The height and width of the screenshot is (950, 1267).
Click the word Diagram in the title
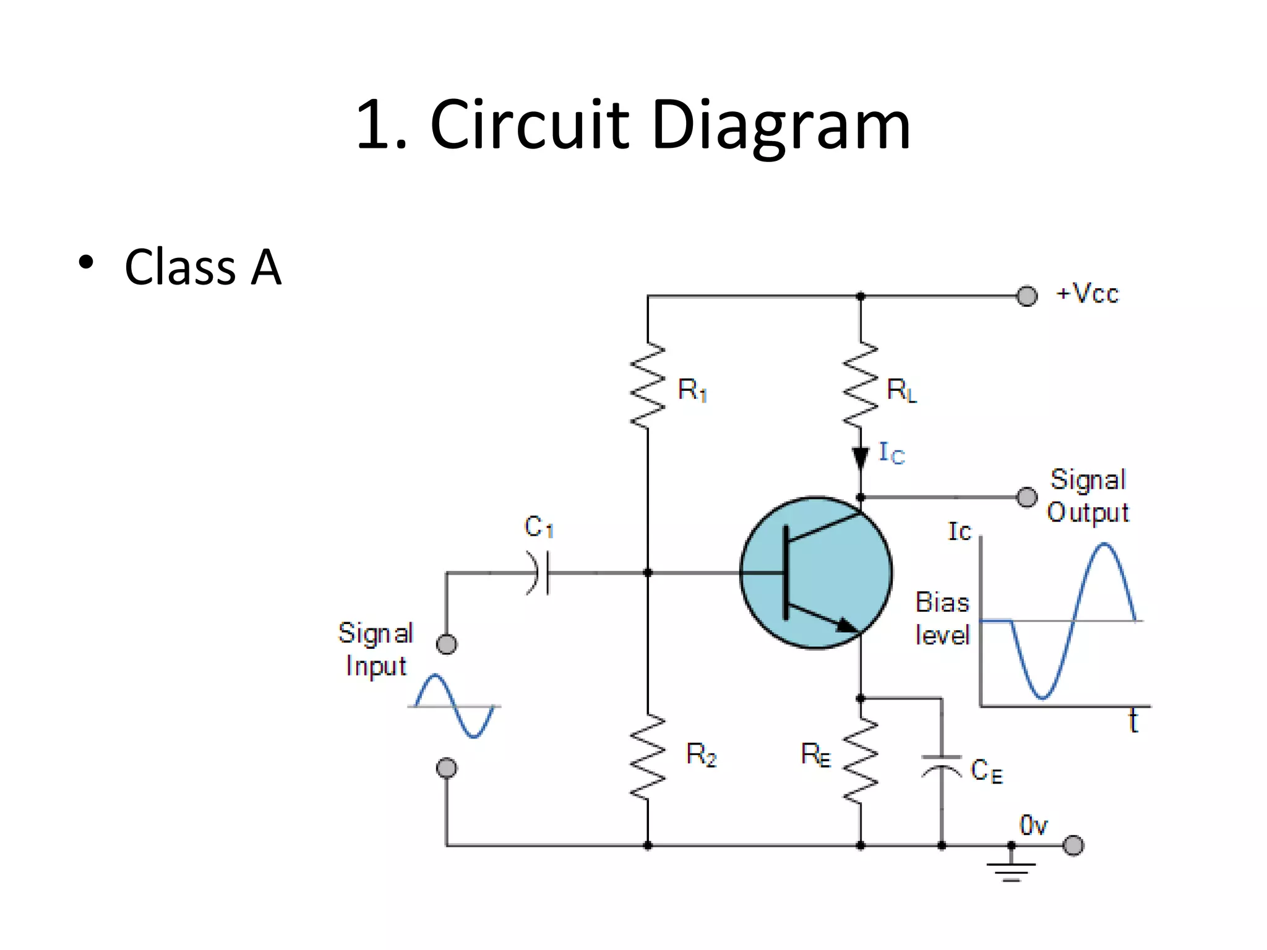[781, 127]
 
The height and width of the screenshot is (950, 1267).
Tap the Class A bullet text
[203, 267]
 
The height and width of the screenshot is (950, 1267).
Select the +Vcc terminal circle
[1027, 296]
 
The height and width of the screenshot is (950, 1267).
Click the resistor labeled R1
[648, 385]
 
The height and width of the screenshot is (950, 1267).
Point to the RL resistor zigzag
[861, 385]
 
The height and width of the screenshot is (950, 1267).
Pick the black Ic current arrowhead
[860, 458]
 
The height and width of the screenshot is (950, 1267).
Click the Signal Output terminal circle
[1027, 497]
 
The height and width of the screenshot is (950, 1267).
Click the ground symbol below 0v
[1011, 871]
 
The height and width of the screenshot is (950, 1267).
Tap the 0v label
[1033, 825]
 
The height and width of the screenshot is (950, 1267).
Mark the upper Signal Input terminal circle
[447, 644]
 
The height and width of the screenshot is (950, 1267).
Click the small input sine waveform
[455, 706]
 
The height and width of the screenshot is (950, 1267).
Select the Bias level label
[942, 618]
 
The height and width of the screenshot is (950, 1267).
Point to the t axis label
[1133, 722]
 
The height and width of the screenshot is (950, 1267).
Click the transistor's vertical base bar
[786, 573]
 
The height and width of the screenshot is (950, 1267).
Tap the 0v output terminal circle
[1073, 845]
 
